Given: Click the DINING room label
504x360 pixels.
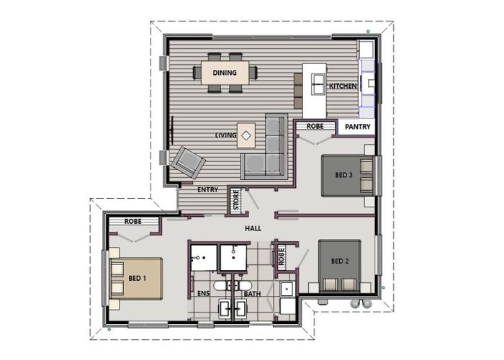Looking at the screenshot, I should [x=225, y=72].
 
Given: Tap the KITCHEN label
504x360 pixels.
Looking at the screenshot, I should [x=343, y=86].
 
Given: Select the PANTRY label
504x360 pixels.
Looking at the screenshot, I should [x=357, y=127].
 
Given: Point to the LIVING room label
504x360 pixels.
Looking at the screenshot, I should [x=225, y=135].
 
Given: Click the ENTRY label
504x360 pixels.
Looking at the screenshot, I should [x=207, y=190].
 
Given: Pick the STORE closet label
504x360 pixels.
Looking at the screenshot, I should [x=235, y=201].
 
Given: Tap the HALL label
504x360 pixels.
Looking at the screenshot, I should [x=253, y=228].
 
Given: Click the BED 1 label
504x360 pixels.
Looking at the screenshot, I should [x=137, y=277].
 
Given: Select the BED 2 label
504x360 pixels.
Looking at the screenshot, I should [x=340, y=261].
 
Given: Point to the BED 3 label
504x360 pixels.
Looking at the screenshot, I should [x=344, y=174].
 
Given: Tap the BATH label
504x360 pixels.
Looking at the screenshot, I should [x=252, y=294].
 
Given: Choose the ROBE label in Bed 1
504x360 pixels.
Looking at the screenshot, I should [x=134, y=222].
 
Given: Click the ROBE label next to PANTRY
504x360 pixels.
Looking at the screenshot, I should [x=315, y=126].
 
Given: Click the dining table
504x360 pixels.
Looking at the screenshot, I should [x=225, y=72].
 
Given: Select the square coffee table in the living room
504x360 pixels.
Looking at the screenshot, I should [x=246, y=135].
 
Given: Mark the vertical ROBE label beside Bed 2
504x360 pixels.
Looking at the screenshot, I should [x=282, y=255].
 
